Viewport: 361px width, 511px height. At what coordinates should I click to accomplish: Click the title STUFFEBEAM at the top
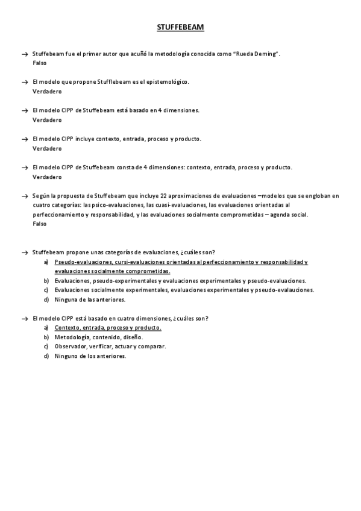(180, 28)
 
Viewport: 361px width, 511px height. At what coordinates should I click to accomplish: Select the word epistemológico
(168, 82)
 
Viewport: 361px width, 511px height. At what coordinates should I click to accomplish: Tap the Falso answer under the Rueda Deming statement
(40, 63)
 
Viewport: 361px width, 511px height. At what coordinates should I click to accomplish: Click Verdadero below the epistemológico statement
(47, 91)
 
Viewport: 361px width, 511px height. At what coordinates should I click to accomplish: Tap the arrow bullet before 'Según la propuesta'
(24, 196)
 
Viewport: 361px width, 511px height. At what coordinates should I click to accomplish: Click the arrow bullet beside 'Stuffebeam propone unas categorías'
(24, 252)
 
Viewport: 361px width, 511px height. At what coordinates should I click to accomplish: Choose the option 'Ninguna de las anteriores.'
(90, 299)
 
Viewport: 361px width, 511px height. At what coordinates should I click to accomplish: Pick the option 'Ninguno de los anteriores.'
(90, 356)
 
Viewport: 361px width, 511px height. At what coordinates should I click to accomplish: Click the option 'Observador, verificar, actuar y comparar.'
(110, 346)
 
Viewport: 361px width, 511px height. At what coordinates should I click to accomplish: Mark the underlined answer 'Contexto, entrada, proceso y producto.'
(108, 327)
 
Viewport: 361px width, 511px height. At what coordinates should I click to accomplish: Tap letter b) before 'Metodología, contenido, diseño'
(46, 337)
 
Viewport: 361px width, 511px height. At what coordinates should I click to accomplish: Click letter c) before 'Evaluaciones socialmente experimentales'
(46, 290)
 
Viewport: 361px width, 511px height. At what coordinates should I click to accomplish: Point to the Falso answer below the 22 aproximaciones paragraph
(40, 224)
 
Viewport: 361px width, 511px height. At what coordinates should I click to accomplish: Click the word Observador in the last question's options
(70, 346)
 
